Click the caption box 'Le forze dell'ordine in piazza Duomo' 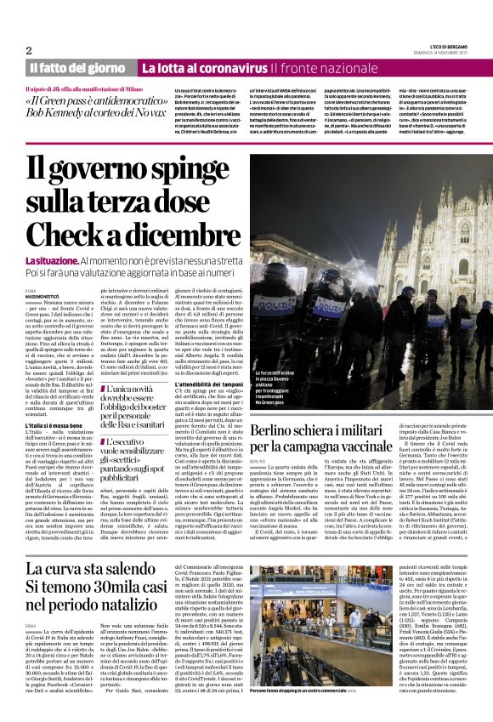277,378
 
